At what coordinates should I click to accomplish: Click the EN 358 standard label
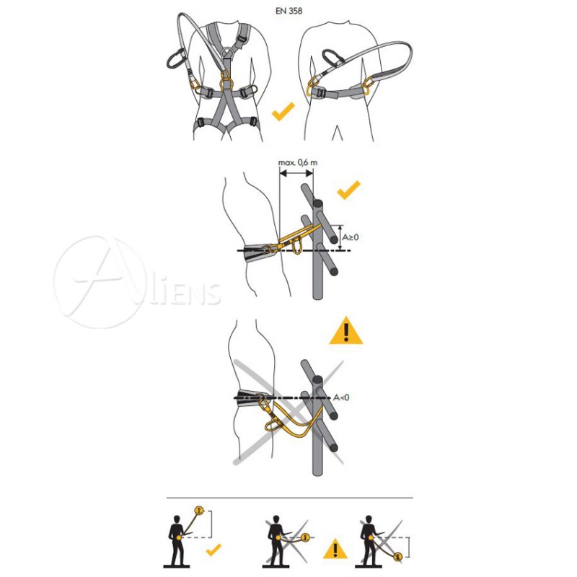pyautogui.click(x=289, y=11)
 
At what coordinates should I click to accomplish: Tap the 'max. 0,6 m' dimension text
pyautogui.click(x=298, y=162)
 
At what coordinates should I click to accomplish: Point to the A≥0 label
pyautogui.click(x=351, y=237)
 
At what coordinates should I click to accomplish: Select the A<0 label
pyautogui.click(x=341, y=397)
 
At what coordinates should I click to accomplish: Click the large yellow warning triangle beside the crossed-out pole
pyautogui.click(x=346, y=331)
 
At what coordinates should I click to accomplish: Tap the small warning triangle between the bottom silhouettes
pyautogui.click(x=335, y=549)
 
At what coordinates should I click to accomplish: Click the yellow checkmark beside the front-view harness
pyautogui.click(x=283, y=112)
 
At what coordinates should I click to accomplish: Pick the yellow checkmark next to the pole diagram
pyautogui.click(x=348, y=190)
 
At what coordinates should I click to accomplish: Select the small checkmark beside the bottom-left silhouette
pyautogui.click(x=213, y=550)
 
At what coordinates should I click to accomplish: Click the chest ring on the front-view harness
pyautogui.click(x=228, y=53)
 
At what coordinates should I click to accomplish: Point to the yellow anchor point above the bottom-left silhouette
pyautogui.click(x=199, y=511)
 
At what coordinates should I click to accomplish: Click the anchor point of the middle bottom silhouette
pyautogui.click(x=305, y=537)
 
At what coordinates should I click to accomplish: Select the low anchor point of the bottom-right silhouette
pyautogui.click(x=397, y=557)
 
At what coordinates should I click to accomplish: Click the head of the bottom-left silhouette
pyautogui.click(x=177, y=519)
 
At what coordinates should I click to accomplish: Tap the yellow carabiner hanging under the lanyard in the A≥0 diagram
pyautogui.click(x=297, y=245)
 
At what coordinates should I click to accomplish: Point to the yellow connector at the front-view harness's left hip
pyautogui.click(x=195, y=85)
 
